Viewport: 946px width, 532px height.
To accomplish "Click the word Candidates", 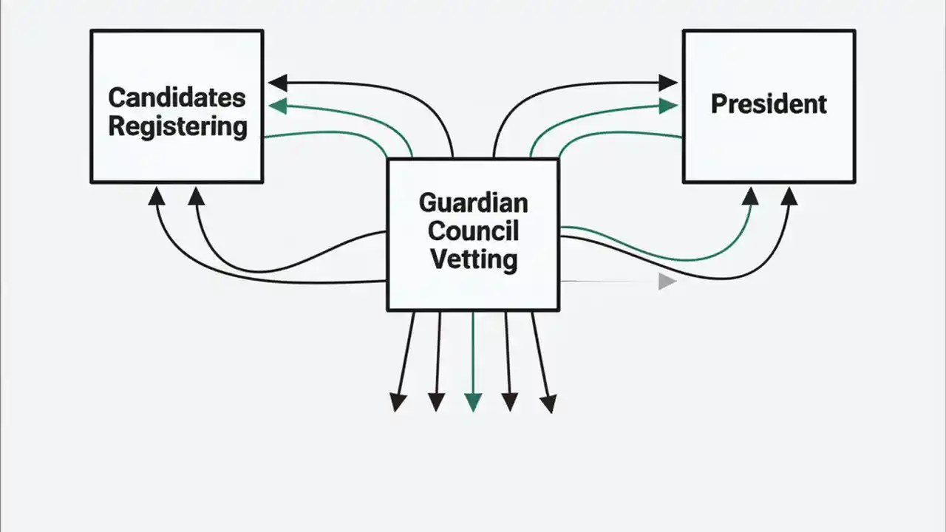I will pos(177,97).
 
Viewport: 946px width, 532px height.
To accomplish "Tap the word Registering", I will pos(177,126).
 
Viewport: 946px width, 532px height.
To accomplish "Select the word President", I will pos(769,103).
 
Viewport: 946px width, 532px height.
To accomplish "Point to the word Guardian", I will pos(473,202).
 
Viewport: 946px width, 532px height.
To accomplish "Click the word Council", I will pos(473,231).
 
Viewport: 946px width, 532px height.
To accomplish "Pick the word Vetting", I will pos(473,259).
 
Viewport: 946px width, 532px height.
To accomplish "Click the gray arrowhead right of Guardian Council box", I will pos(667,282).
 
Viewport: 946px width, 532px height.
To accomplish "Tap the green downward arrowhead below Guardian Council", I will pos(473,402).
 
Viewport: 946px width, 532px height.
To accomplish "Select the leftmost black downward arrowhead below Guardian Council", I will pos(398,402).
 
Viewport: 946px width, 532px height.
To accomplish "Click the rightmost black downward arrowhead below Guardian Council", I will pos(548,403).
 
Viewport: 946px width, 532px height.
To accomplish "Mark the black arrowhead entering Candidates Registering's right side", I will pos(277,82).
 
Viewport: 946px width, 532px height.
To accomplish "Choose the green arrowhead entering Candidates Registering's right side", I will pos(277,106).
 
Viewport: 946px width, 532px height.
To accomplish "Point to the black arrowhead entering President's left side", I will pos(668,82).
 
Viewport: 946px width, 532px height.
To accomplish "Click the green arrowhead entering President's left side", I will pos(668,106).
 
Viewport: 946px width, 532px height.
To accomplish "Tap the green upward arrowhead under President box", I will pos(750,195).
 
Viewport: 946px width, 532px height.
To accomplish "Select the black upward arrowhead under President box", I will pos(789,195).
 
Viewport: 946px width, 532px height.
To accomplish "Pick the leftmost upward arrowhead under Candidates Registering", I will pos(156,195).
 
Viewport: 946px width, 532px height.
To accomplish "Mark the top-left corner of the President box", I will pos(684,31).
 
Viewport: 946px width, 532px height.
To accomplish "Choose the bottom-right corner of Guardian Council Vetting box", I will pos(558,310).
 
